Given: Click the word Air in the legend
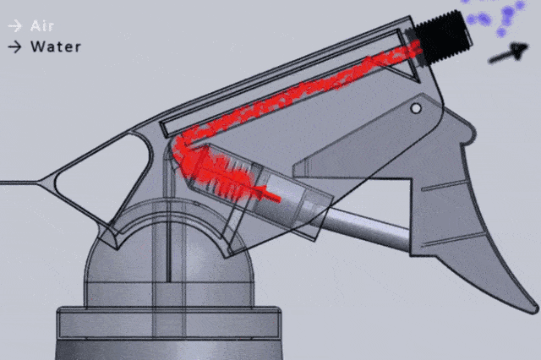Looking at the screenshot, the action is coord(42,26).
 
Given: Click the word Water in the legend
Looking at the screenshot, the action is coord(56,46).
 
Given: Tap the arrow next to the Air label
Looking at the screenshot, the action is coord(15,26).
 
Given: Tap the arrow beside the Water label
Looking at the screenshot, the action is coord(15,47).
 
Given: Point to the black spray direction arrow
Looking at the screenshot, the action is coord(508,52).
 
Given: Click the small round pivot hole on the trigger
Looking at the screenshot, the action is coord(416,109).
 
